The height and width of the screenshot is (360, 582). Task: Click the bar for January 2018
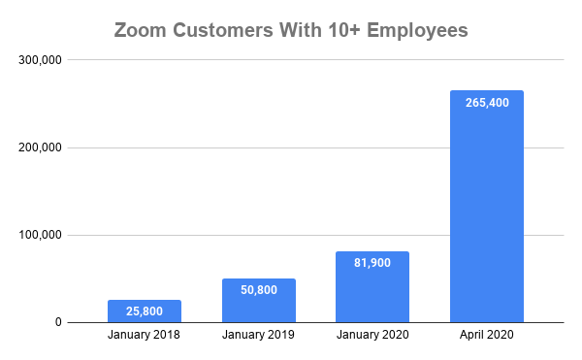pos(144,311)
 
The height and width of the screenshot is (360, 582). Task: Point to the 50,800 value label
pos(258,292)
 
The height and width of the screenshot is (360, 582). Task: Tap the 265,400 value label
pos(487,104)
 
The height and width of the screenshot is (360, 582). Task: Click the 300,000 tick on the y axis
pos(41,60)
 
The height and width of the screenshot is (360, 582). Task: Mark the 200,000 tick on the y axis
pos(41,147)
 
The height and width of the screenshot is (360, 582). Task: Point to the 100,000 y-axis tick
pos(41,235)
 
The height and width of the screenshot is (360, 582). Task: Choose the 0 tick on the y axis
pos(58,322)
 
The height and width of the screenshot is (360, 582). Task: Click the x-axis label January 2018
pos(144,337)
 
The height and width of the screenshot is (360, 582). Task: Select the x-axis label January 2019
pos(258,337)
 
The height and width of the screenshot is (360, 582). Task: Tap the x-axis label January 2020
pos(372,337)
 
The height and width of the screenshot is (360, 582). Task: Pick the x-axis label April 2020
pos(487,337)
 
